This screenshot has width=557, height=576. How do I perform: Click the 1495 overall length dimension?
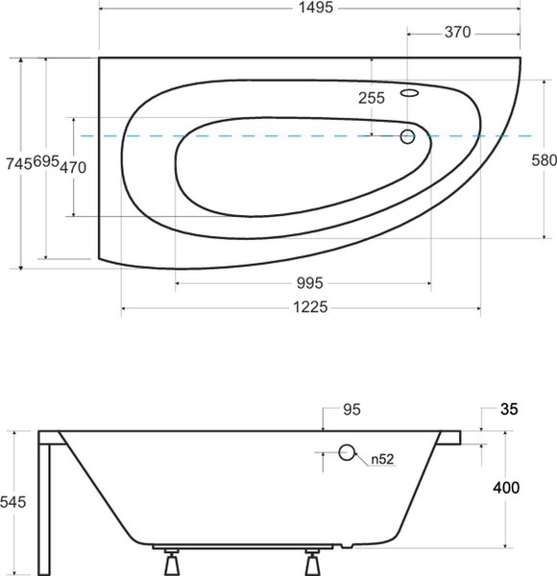pyautogui.click(x=316, y=7)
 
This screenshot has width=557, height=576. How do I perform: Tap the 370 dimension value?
pyautogui.click(x=457, y=33)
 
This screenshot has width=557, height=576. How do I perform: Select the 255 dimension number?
pyautogui.click(x=372, y=98)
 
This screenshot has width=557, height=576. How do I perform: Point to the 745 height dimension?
pyautogui.click(x=19, y=164)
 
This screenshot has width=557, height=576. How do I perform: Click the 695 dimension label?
pyautogui.click(x=46, y=161)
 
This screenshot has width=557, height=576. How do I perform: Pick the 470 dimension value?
pyautogui.click(x=73, y=167)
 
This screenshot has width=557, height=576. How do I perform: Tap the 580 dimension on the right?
pyautogui.click(x=545, y=160)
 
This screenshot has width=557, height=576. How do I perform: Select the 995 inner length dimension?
pyautogui.click(x=310, y=283)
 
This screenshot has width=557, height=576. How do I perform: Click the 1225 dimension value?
pyautogui.click(x=310, y=307)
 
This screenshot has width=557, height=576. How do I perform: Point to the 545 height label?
pyautogui.click(x=13, y=502)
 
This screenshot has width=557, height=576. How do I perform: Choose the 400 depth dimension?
pyautogui.click(x=506, y=488)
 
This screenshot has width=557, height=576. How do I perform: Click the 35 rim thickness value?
pyautogui.click(x=509, y=409)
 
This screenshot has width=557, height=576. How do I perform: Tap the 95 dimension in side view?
pyautogui.click(x=352, y=410)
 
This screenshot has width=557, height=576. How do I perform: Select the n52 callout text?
pyautogui.click(x=382, y=459)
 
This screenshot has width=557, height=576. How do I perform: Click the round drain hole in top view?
pyautogui.click(x=407, y=136)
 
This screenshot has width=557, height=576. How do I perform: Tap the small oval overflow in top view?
pyautogui.click(x=410, y=93)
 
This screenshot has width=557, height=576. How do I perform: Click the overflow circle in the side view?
pyautogui.click(x=347, y=452)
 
